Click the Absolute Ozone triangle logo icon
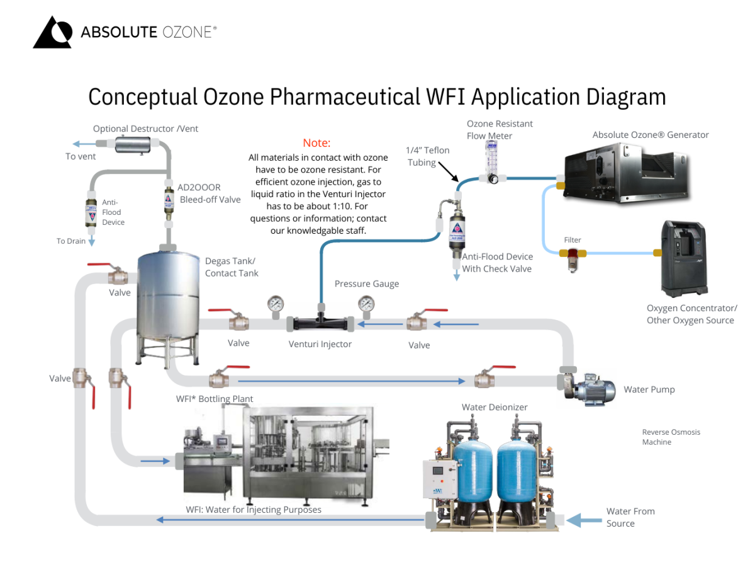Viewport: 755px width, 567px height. coord(52,33)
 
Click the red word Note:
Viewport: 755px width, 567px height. coord(316,143)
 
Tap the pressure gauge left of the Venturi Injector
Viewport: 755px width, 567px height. coord(275,304)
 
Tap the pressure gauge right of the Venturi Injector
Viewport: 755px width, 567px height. coord(366,304)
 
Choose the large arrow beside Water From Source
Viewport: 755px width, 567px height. coord(581,520)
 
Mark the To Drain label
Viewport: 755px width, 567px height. coord(70,241)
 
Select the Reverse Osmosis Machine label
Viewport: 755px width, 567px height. coord(671,437)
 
